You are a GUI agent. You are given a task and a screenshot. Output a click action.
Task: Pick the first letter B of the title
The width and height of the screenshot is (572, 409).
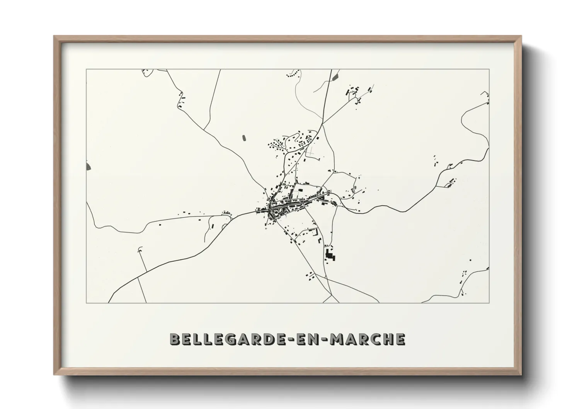point(175,339)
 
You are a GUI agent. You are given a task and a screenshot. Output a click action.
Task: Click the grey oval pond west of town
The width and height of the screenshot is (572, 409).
point(243,137)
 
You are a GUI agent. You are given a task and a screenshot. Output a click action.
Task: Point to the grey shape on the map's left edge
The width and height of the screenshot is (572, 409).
point(89,166)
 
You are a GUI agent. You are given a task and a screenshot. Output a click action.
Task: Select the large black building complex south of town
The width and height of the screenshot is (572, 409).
point(330,256)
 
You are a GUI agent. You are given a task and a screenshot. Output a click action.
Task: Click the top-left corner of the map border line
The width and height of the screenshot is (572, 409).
point(86,69)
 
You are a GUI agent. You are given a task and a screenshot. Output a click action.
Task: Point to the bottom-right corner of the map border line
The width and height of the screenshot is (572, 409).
point(489,303)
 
